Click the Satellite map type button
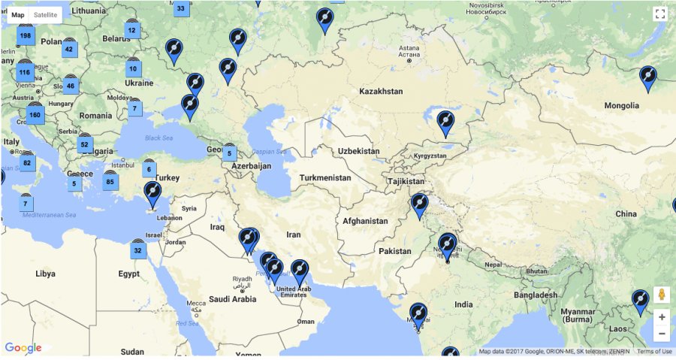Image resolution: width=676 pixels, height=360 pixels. (46, 15)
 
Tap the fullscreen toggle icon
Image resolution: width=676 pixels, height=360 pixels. (660, 14)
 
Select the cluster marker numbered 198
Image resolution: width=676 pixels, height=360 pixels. (26, 35)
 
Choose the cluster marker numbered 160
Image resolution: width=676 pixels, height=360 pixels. (35, 115)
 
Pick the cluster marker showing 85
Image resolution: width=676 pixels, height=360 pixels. (110, 181)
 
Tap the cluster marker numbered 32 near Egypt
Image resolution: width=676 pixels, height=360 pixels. (137, 250)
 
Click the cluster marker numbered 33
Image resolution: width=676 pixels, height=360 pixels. (180, 9)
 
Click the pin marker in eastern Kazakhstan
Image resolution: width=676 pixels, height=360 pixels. (445, 123)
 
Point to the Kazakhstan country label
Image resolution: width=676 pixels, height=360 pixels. (381, 91)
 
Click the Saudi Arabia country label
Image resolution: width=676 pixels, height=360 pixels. (233, 298)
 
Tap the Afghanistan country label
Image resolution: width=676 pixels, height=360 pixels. (365, 221)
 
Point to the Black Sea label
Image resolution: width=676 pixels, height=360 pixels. (158, 138)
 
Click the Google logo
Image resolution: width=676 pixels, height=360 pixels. (23, 348)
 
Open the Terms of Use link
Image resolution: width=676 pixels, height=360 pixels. (653, 352)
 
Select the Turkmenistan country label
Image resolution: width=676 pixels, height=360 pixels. (325, 178)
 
